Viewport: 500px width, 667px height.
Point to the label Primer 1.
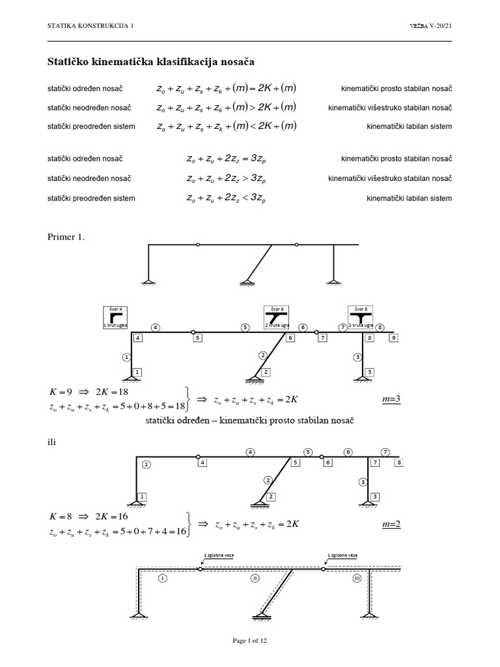[66, 237]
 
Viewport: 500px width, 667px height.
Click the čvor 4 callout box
[113, 316]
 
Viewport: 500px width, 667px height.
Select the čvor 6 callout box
[276, 316]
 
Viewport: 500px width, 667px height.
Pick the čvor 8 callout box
[361, 316]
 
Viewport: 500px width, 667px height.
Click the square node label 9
[393, 337]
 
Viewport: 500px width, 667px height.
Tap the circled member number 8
[380, 327]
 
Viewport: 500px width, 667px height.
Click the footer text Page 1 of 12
[250, 641]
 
